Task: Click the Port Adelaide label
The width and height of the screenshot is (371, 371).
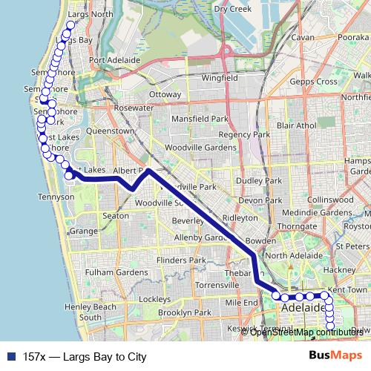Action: tap(114, 60)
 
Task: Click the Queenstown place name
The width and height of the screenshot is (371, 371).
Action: tap(111, 131)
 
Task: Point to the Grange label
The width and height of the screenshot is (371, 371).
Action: tap(83, 232)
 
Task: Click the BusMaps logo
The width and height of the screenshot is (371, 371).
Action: tap(338, 357)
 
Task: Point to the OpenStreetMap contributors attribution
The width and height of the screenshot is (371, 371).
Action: tap(307, 332)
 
